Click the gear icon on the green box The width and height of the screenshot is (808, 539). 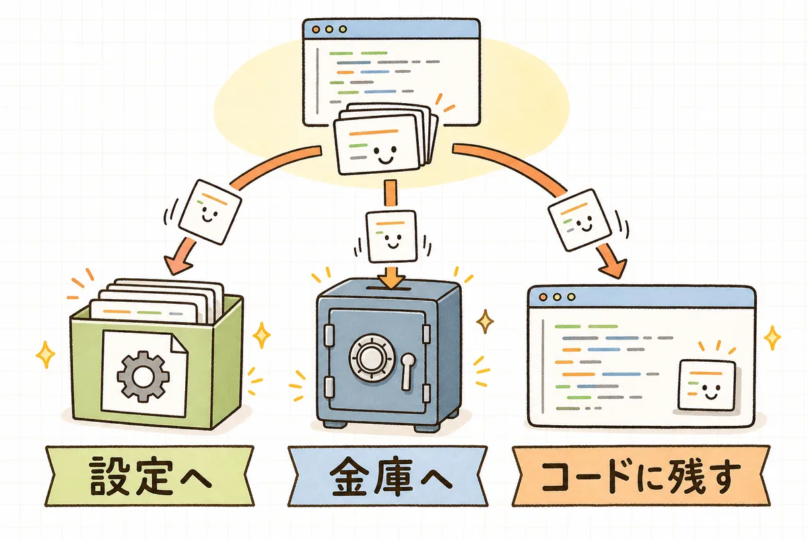143,376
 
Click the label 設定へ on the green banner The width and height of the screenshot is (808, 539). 150,476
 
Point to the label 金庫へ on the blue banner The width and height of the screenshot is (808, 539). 391,476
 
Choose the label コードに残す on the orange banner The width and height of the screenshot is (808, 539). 640,476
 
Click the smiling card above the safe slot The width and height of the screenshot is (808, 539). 391,236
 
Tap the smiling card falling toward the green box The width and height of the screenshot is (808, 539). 210,212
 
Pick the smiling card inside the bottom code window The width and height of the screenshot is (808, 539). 706,385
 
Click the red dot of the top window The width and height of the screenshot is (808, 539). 316,29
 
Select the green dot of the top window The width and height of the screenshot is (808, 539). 343,29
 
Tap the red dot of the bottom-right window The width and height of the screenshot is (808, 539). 543,297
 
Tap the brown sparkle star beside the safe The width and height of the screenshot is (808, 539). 485,321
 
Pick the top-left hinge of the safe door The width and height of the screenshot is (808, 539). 329,336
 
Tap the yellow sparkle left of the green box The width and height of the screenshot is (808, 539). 46,354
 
